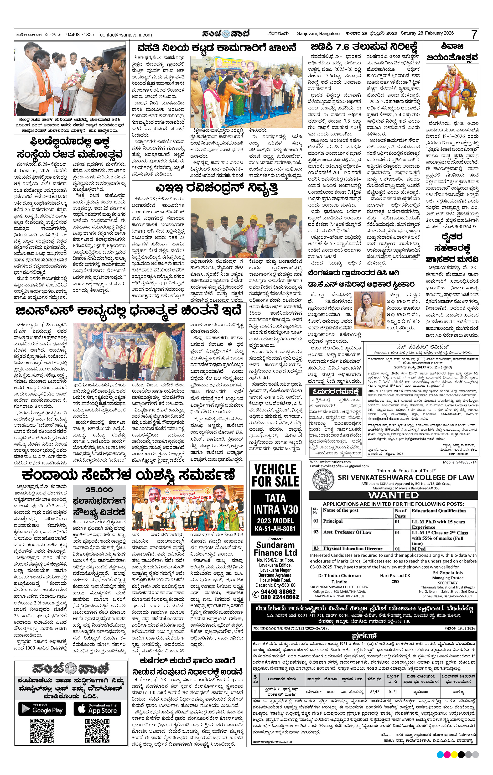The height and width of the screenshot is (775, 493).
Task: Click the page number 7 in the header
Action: click(x=474, y=34)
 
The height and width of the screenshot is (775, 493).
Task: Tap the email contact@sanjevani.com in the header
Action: click(x=126, y=35)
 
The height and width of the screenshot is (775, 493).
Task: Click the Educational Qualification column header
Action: click(x=439, y=511)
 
